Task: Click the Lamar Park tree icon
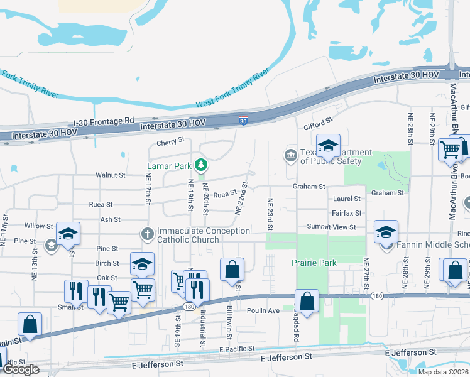[x=201, y=165]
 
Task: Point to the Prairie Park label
[x=314, y=263]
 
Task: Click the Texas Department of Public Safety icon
[x=290, y=155]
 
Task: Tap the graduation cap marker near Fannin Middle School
[x=386, y=232]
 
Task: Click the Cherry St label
[x=171, y=141]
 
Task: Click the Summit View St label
[x=331, y=227]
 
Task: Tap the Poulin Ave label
[x=263, y=310]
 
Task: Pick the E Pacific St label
[x=238, y=349]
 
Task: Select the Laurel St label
[x=346, y=199]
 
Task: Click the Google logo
[x=21, y=369]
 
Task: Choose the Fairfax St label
[x=347, y=214]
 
